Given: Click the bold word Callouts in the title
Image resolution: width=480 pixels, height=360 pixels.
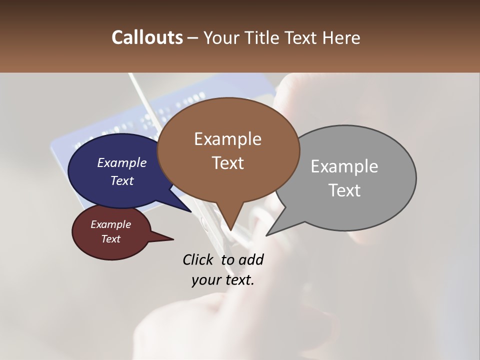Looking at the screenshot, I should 147,37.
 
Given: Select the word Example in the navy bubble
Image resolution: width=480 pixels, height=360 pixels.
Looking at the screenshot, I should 121,162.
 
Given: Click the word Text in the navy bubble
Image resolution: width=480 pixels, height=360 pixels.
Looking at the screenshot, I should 121,180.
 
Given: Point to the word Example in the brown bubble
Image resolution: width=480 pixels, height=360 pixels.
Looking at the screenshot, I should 227,139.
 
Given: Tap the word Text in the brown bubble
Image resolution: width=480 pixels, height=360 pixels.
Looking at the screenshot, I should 227,163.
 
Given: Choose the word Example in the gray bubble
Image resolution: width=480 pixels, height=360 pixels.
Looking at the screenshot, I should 344,166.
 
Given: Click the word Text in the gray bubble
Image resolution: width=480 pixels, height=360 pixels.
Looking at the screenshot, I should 344,190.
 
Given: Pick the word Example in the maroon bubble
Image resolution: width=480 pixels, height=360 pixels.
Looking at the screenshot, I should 110,224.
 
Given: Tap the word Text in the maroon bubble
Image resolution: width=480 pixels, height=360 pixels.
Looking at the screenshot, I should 110,239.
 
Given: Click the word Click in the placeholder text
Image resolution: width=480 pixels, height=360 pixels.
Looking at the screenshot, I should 198,259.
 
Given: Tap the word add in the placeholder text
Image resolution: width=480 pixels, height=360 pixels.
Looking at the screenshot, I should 251,259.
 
